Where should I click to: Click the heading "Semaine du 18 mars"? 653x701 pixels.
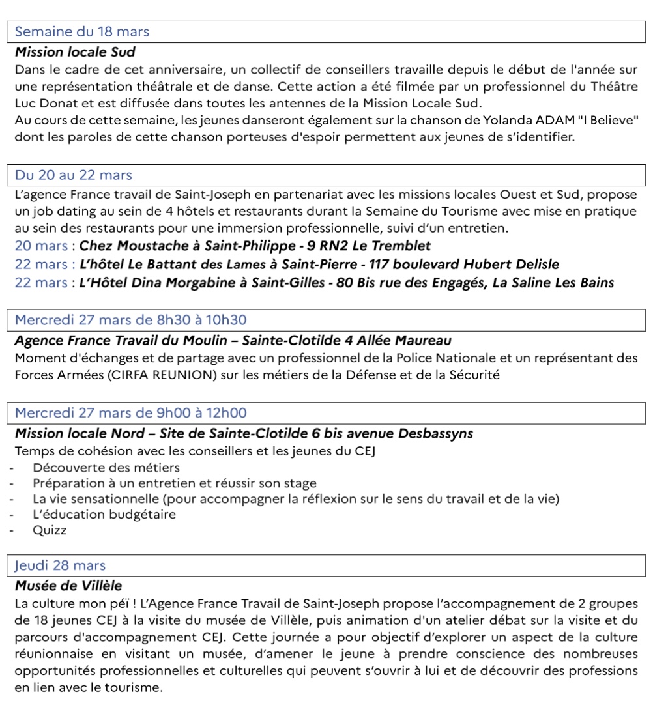[x=82, y=31]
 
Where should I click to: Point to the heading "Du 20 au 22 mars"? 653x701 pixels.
[x=73, y=175]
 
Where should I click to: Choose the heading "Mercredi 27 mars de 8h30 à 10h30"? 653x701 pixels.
[x=130, y=320]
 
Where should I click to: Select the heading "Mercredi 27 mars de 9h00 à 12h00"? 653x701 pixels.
[x=130, y=413]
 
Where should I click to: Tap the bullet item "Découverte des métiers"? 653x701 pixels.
[x=106, y=468]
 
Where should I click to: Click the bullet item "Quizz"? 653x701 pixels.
[x=50, y=530]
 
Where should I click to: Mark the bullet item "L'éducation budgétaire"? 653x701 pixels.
[x=104, y=515]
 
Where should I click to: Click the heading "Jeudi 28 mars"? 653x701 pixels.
[x=60, y=565]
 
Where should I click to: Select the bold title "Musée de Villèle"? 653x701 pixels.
[x=68, y=586]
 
